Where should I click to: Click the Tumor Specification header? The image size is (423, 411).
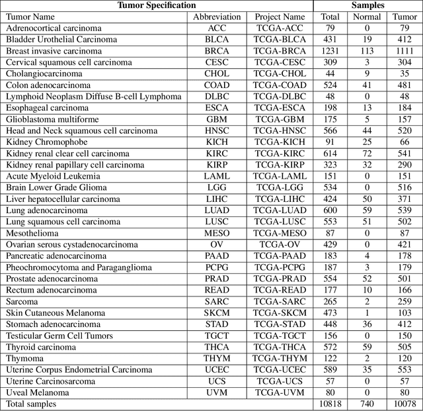[157, 5]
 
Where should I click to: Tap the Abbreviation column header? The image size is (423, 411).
[217, 17]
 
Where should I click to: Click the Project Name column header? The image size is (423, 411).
[280, 17]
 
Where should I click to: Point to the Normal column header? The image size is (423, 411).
[367, 17]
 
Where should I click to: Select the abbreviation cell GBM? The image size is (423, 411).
[217, 119]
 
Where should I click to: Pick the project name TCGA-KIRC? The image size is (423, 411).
[280, 154]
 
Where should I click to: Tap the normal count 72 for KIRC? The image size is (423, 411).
[367, 154]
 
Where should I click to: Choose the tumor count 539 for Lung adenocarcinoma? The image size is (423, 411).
[404, 210]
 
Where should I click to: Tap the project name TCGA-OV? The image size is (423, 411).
[280, 245]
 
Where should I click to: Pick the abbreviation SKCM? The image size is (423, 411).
[217, 313]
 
